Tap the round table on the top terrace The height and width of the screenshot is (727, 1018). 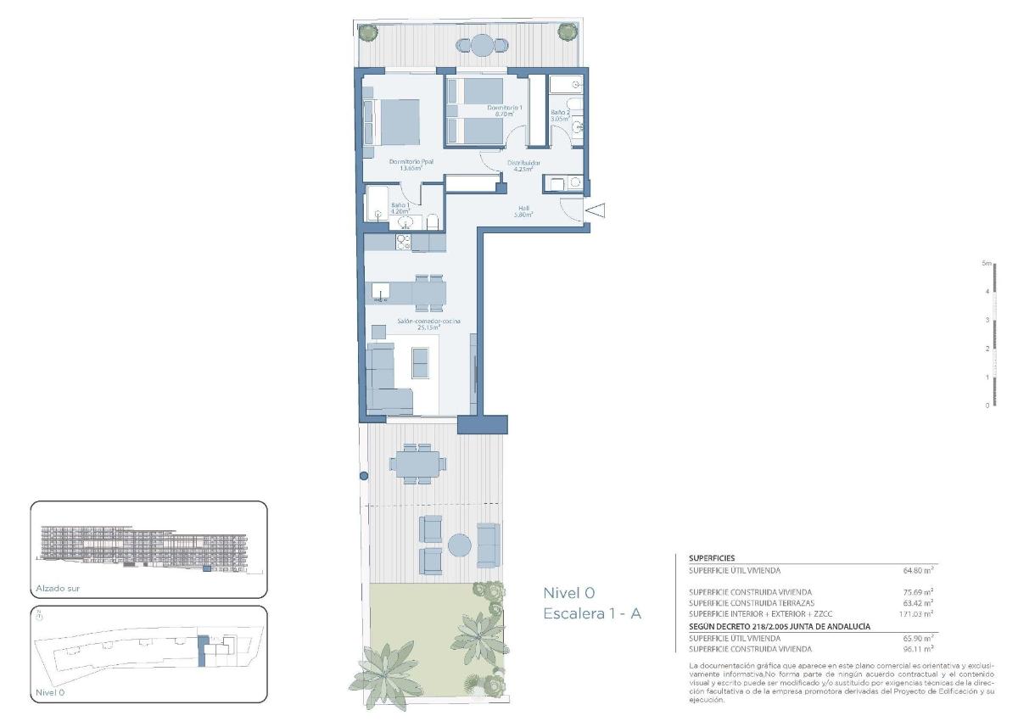tap(482, 44)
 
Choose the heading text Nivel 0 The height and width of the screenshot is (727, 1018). tap(569, 593)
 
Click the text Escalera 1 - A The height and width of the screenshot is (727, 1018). tap(591, 613)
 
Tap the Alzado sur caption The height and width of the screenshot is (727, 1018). tap(59, 588)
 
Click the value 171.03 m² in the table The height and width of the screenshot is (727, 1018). tap(916, 612)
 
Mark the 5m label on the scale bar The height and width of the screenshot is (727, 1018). tap(987, 264)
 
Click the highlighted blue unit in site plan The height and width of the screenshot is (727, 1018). tap(202, 652)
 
